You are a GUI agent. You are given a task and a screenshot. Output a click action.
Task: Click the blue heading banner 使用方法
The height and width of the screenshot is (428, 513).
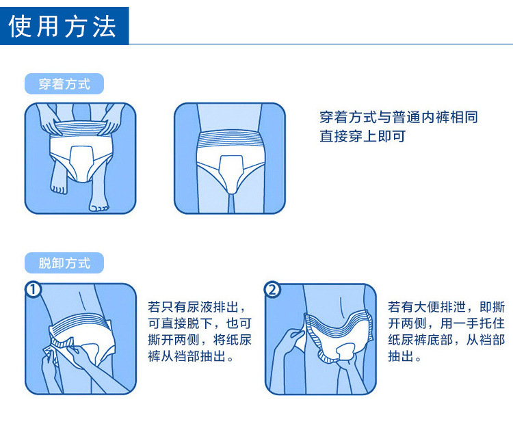click(x=64, y=26)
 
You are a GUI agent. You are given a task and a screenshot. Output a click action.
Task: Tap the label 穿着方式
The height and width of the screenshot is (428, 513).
click(x=64, y=83)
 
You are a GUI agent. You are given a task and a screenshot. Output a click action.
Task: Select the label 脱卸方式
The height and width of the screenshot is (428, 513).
click(x=64, y=263)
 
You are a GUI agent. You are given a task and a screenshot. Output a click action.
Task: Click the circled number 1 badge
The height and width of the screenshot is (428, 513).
click(x=33, y=290)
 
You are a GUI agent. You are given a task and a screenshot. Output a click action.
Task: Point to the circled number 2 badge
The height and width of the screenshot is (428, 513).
click(x=272, y=290)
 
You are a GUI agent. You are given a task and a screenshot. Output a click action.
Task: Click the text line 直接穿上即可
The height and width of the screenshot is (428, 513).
click(x=363, y=136)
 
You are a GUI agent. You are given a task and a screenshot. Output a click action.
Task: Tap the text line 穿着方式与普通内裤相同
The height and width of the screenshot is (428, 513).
click(x=399, y=117)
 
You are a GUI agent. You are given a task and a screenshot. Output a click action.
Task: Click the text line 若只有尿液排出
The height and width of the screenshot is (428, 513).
click(x=196, y=307)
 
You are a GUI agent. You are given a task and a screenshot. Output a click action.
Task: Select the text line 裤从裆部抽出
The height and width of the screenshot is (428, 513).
click(x=190, y=356)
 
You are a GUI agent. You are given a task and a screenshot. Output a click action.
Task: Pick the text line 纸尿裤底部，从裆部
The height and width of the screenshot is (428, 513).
click(x=446, y=340)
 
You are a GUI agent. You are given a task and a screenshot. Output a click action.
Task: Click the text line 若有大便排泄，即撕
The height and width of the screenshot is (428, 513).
click(x=446, y=307)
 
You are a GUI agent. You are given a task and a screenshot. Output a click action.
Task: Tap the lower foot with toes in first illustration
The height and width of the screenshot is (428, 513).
click(x=98, y=201)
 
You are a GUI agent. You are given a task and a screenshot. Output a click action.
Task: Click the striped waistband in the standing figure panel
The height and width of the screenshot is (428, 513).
click(x=229, y=139)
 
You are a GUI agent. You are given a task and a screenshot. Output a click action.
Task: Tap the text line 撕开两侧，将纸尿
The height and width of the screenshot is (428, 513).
click(x=200, y=340)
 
